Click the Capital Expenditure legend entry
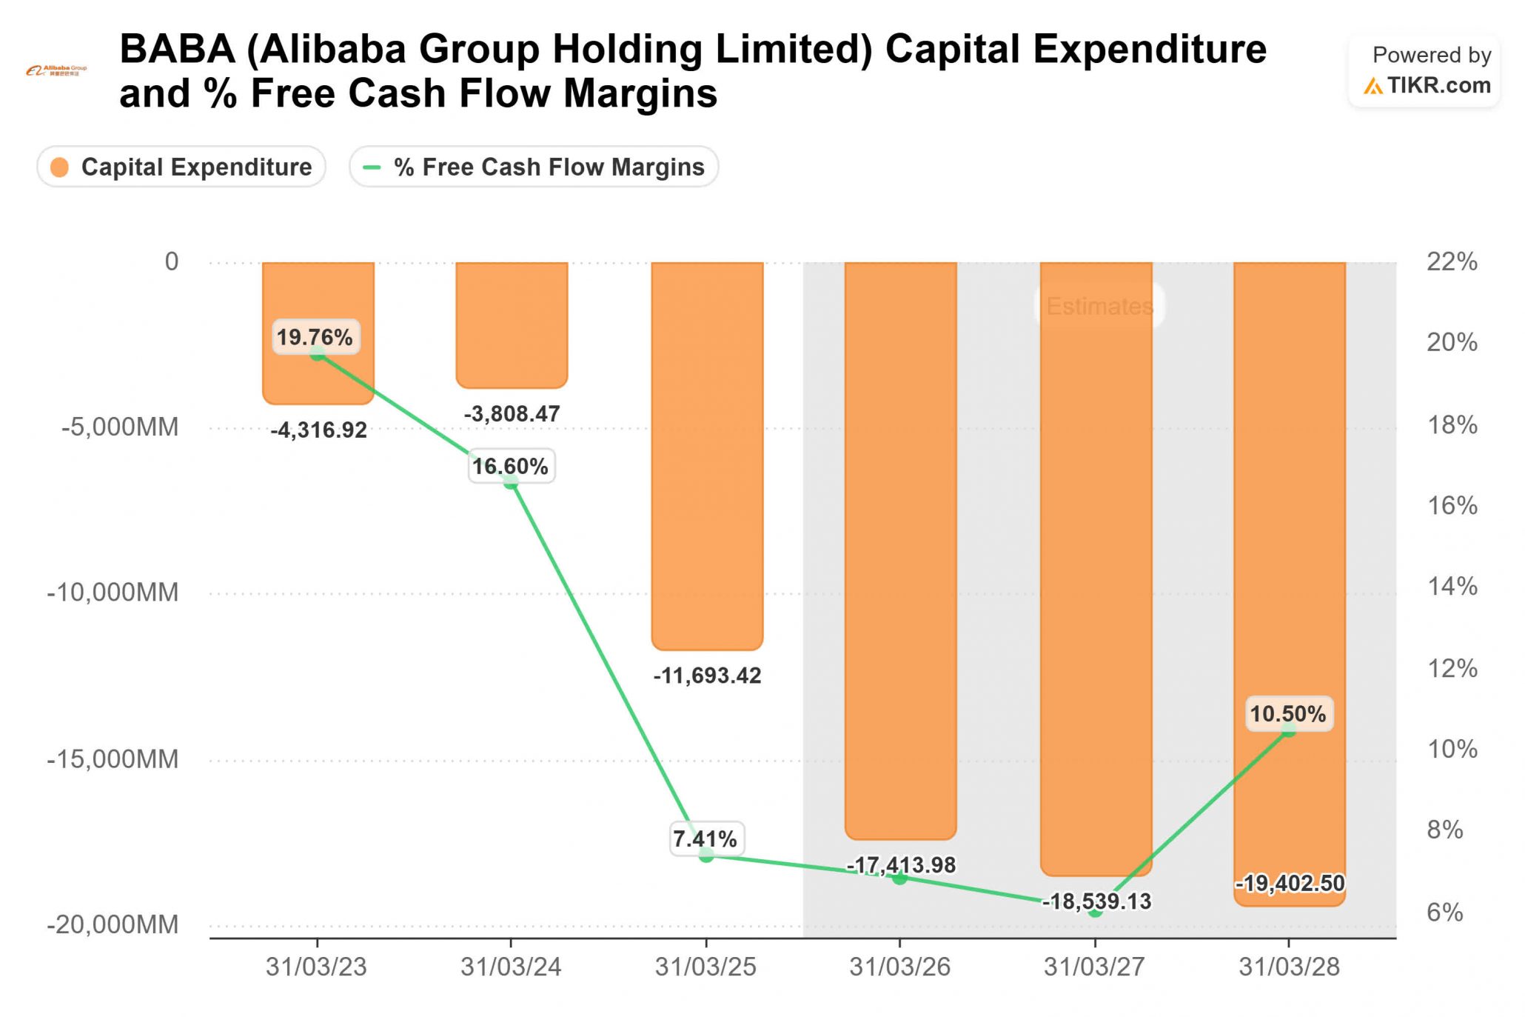[x=181, y=167]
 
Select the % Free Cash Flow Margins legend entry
[x=534, y=167]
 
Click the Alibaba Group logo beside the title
[x=56, y=71]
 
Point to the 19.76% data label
[x=315, y=337]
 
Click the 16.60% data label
[x=511, y=466]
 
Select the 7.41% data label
[x=705, y=838]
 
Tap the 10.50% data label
[x=1289, y=713]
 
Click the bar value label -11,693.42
[x=707, y=675]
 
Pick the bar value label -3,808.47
[x=512, y=413]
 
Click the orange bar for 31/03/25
[x=707, y=456]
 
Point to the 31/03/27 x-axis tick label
[x=1094, y=967]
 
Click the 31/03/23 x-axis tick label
[x=316, y=967]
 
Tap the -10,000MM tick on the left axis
[x=113, y=592]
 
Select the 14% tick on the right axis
[x=1452, y=587]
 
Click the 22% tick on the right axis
[x=1452, y=261]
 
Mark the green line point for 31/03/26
[x=899, y=878]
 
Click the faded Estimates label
[x=1099, y=306]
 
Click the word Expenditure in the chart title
[x=1150, y=50]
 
